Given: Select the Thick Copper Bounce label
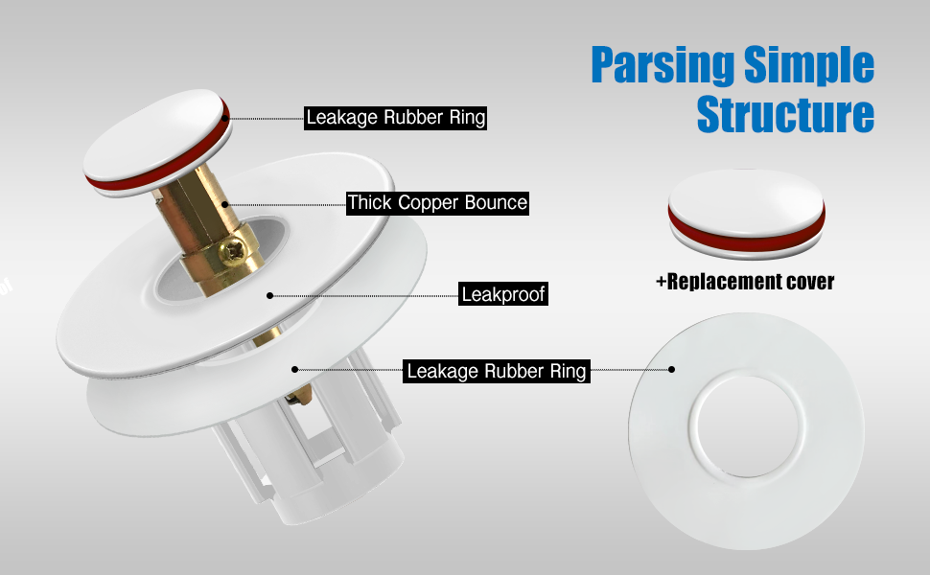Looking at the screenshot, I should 437,202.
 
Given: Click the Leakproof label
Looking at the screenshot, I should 503,294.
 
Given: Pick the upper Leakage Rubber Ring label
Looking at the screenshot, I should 395,118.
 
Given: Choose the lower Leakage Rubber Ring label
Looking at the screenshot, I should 497,371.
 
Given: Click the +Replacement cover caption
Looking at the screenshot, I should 744,282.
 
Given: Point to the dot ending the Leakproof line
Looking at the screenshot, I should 270,295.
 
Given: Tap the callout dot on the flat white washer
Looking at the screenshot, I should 672,369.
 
